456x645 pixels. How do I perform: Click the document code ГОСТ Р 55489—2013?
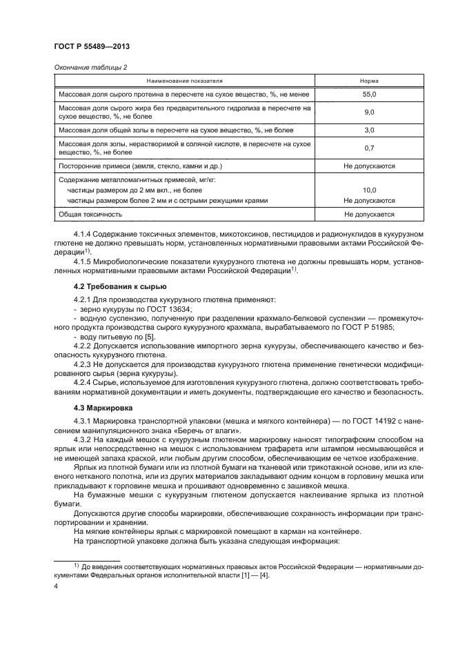92,46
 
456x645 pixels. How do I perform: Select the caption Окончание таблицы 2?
90,67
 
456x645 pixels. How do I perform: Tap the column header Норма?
369,81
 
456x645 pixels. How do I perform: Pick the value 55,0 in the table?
369,94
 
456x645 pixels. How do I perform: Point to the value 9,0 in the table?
369,112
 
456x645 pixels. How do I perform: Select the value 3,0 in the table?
369,130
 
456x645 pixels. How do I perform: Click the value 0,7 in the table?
369,148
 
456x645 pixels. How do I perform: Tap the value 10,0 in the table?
369,190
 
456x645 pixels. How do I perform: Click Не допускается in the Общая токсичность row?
369,215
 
